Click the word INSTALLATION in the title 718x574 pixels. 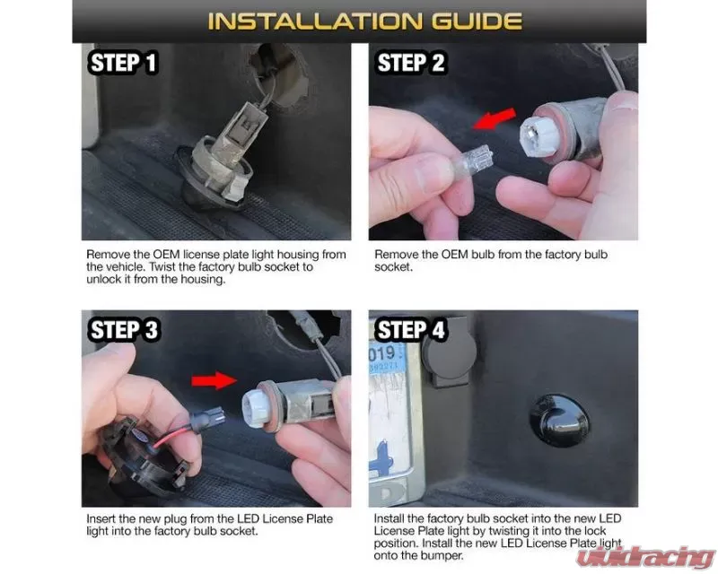pyautogui.click(x=314, y=21)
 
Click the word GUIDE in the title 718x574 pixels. pyautogui.click(x=477, y=21)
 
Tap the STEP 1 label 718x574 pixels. pyautogui.click(x=123, y=63)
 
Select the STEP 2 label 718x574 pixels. pyautogui.click(x=410, y=63)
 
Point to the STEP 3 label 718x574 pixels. pyautogui.click(x=124, y=329)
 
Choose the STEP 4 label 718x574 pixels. pyautogui.click(x=411, y=329)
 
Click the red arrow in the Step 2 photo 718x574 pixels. pyautogui.click(x=495, y=119)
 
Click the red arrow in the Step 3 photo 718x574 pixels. pyautogui.click(x=214, y=380)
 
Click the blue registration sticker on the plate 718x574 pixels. pyautogui.click(x=386, y=360)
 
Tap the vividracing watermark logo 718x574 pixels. pyautogui.click(x=645, y=558)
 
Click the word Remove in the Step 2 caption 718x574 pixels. pyautogui.click(x=396, y=255)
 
